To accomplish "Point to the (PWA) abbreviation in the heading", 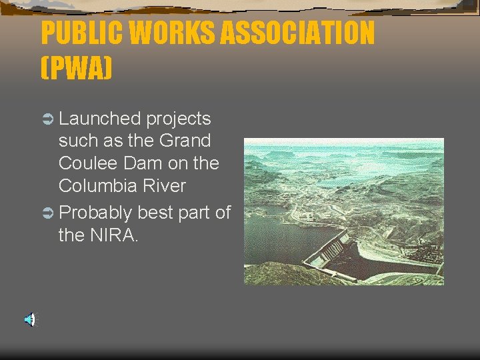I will [76, 68].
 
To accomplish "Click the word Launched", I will [99, 119].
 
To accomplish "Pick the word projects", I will [178, 119].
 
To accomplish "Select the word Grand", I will [185, 141].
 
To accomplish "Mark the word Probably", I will [96, 213].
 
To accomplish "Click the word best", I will [154, 213].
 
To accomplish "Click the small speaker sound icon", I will [29, 320].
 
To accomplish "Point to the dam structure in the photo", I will [333, 251].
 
